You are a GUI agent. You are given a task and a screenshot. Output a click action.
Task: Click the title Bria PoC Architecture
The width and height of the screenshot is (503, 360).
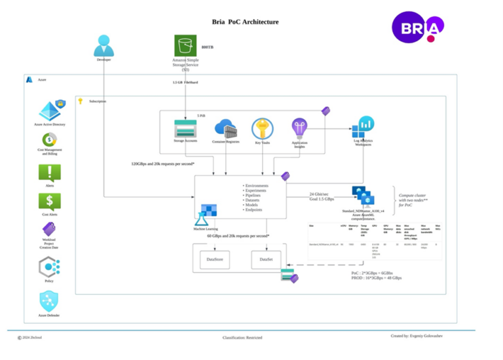click(x=245, y=22)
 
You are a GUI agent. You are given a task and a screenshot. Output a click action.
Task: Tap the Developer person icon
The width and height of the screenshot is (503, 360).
click(x=104, y=46)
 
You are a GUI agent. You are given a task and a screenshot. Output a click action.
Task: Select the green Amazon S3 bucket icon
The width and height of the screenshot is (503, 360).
click(x=185, y=46)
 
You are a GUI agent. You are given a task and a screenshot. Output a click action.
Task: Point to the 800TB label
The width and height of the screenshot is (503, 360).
click(x=207, y=48)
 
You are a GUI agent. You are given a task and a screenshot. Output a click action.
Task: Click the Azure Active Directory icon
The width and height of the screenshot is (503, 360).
click(x=50, y=111)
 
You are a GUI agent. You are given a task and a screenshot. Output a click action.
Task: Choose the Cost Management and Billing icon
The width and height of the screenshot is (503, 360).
click(x=50, y=140)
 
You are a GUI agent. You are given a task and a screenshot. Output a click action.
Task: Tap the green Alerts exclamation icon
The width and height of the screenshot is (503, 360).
click(x=50, y=172)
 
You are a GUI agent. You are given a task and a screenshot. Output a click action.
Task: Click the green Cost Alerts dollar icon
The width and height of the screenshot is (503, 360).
click(x=50, y=201)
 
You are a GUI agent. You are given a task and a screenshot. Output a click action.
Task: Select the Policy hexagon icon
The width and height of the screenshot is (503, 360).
click(x=50, y=266)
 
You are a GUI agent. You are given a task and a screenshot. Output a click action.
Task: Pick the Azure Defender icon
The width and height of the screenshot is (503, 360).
click(x=50, y=301)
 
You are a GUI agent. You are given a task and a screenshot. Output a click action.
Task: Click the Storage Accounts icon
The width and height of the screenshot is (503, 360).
click(x=185, y=128)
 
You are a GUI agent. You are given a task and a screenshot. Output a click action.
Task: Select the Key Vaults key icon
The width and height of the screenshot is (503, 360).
click(x=262, y=128)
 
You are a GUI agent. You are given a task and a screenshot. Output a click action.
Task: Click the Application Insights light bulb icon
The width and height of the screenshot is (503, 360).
click(x=299, y=128)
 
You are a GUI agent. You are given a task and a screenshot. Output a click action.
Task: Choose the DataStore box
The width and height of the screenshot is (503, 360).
click(x=215, y=260)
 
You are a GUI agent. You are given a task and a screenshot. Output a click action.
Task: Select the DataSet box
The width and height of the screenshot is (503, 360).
click(x=266, y=260)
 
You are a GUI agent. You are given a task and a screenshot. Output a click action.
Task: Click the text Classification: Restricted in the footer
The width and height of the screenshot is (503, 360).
click(x=242, y=337)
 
